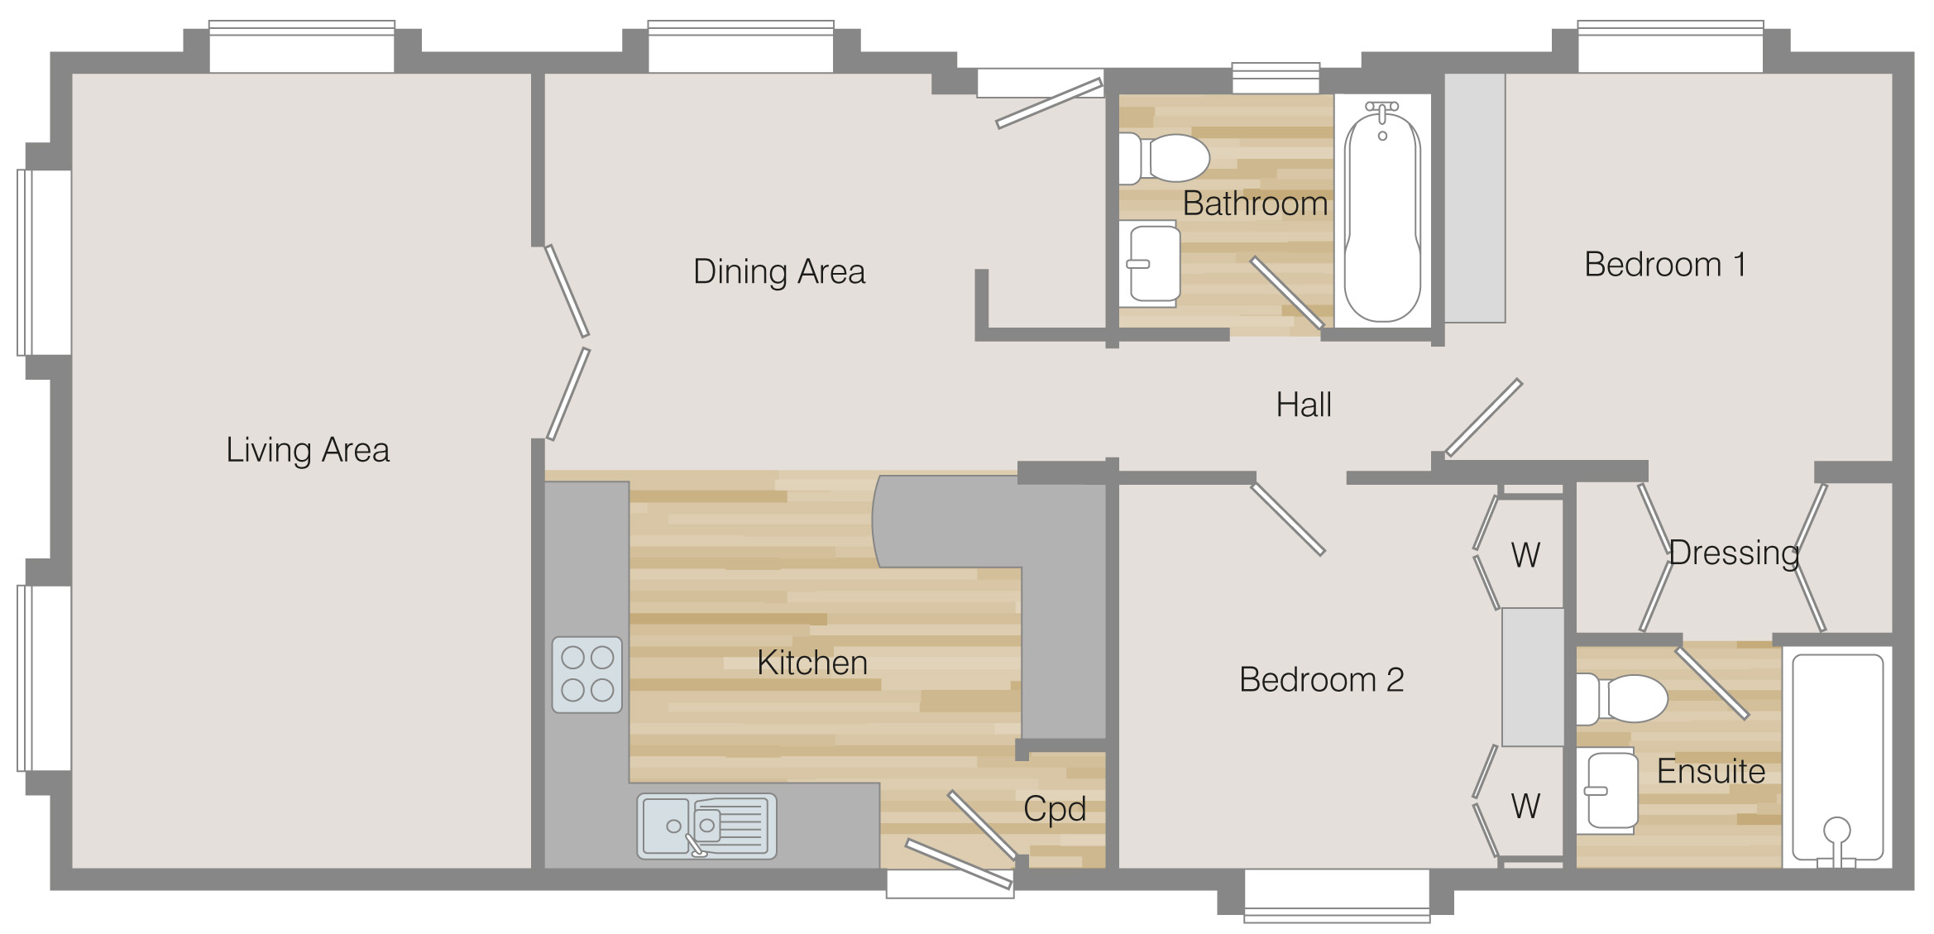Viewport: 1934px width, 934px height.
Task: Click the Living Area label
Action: point(308,450)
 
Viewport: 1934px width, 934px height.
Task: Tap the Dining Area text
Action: point(779,272)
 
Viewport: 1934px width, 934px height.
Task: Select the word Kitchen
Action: point(812,663)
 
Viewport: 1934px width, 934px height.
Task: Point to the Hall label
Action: point(1304,405)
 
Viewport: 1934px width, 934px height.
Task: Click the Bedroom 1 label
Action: point(1665,265)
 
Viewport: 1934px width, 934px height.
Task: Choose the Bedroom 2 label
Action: point(1321,679)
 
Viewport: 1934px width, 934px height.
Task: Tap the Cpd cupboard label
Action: point(1055,809)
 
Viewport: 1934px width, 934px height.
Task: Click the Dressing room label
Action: point(1734,553)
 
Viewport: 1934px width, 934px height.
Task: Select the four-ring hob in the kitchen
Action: point(587,674)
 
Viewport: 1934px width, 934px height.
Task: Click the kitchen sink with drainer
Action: point(706,826)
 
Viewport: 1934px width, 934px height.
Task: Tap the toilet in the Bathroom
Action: point(1164,158)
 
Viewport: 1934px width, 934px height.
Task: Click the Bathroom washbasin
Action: point(1150,264)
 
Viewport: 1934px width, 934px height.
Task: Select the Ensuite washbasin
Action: point(1607,791)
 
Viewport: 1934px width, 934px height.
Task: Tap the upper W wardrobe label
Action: point(1525,555)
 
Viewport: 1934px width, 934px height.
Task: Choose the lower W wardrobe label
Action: point(1525,806)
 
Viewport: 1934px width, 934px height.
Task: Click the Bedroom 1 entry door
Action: point(1483,418)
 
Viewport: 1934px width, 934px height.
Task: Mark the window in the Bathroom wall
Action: point(1276,78)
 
